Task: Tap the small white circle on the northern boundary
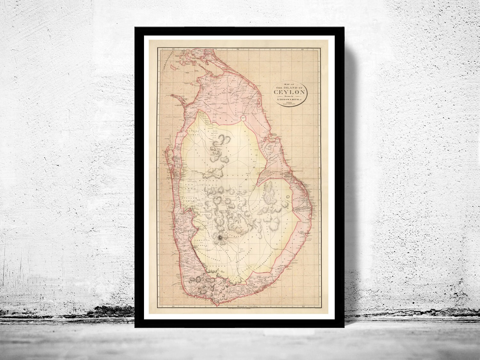[243, 118]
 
